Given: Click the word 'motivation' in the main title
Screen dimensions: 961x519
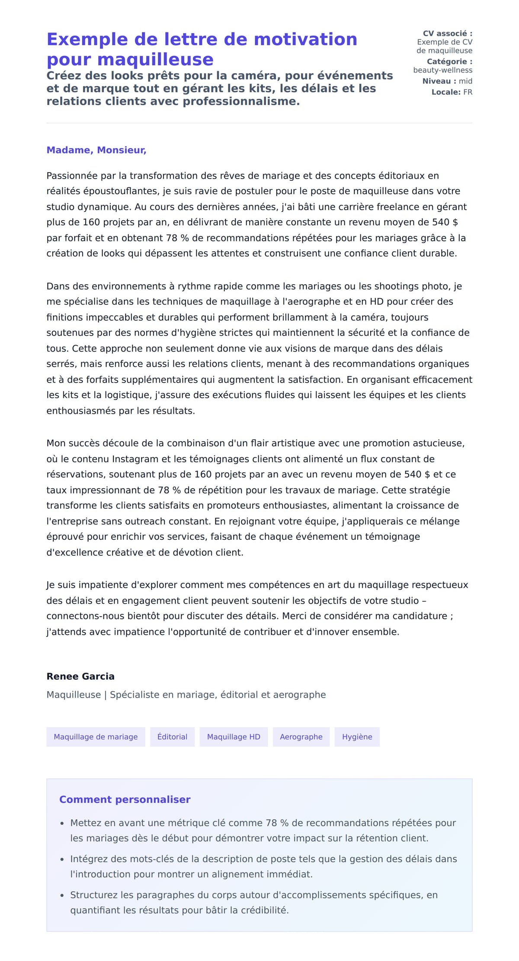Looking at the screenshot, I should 305,39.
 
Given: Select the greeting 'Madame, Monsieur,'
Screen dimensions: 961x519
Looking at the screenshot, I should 96,150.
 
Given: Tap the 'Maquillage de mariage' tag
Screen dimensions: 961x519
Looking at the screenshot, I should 96,737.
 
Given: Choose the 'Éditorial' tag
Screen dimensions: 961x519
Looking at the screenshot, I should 172,737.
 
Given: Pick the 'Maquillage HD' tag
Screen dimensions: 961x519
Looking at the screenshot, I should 234,737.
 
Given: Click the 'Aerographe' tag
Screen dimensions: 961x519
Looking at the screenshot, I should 301,737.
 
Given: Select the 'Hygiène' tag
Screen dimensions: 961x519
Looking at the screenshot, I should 357,737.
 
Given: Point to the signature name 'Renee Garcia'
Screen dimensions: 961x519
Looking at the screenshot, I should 80,676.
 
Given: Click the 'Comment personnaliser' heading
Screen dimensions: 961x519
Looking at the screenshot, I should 125,799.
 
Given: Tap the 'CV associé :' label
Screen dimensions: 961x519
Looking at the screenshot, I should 447,33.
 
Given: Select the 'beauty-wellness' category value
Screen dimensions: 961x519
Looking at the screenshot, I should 442,70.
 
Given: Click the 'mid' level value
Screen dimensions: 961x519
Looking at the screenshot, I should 465,81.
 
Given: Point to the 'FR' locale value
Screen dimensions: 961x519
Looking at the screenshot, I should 468,92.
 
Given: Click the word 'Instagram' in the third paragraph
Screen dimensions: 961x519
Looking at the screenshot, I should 135,459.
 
